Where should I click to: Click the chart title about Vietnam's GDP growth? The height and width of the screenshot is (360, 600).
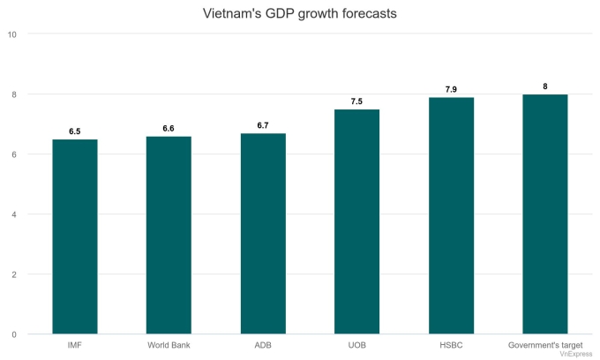(300, 14)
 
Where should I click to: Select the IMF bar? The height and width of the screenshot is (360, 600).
(75, 236)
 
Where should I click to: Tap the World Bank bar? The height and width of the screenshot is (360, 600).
(169, 235)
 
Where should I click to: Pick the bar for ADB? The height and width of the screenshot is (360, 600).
(263, 234)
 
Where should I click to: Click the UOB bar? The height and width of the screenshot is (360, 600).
(356, 221)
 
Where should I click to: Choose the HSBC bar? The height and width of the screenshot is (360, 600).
(451, 215)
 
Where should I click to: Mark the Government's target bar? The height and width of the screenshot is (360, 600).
(544, 214)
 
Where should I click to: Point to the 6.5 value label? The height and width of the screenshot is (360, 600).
(75, 131)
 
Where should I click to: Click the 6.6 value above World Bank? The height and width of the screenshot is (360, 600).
(169, 129)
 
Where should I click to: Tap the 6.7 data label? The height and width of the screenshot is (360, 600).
(263, 125)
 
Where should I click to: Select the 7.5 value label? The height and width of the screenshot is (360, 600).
(356, 101)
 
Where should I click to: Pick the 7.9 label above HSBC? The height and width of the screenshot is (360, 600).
(451, 89)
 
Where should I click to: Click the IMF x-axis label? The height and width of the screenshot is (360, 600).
(75, 344)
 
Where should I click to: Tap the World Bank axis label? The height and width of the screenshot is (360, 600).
(169, 344)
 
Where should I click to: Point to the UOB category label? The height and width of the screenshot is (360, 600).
(356, 344)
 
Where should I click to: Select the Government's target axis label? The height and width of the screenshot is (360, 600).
(544, 344)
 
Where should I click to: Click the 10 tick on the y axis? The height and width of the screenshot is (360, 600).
(11, 34)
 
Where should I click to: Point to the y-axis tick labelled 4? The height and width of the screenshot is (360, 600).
(14, 214)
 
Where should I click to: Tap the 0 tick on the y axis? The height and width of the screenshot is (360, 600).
(14, 334)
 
